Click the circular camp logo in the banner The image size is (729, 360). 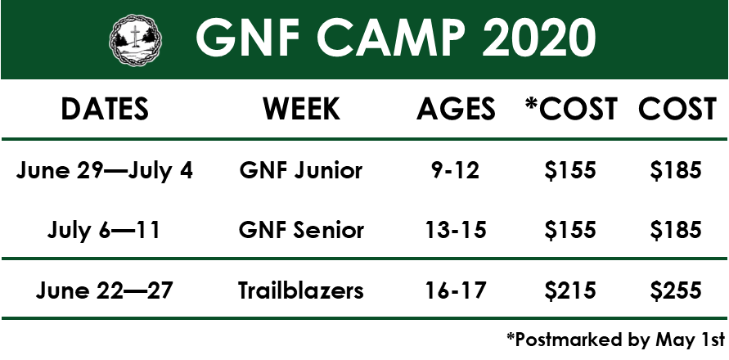click(x=135, y=40)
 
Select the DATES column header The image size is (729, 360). click(x=105, y=110)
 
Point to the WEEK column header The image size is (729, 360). click(x=301, y=110)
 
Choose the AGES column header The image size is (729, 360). click(x=456, y=110)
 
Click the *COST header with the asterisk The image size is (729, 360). click(x=570, y=110)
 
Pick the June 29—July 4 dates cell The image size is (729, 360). click(x=104, y=171)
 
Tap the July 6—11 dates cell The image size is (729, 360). click(x=104, y=231)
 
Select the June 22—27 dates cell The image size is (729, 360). click(x=104, y=290)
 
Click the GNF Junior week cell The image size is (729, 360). click(x=301, y=170)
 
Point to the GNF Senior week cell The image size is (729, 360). click(x=301, y=230)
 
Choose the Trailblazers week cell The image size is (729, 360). click(x=301, y=290)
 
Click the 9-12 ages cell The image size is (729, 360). click(x=456, y=171)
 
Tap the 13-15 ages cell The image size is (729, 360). click(x=456, y=230)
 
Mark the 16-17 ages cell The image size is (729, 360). click(x=456, y=290)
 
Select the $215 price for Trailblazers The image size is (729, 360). click(x=570, y=290)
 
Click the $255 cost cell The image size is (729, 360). click(x=676, y=290)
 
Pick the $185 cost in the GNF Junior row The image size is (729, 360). click(x=676, y=171)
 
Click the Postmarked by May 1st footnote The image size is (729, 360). click(x=615, y=340)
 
